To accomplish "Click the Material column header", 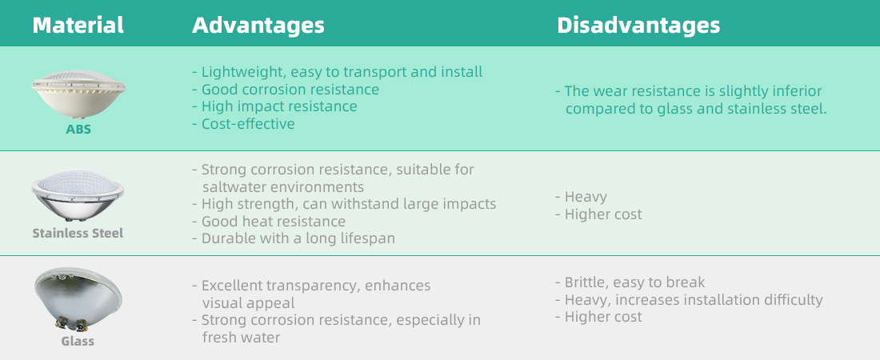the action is tap(78, 26).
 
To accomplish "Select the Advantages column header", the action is tap(258, 26).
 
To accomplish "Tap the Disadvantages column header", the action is tap(638, 26).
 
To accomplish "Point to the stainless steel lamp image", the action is tap(78, 197).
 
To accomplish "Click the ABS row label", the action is tap(78, 129).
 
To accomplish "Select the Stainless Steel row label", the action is tap(78, 233).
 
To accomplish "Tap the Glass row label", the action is tap(78, 341).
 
